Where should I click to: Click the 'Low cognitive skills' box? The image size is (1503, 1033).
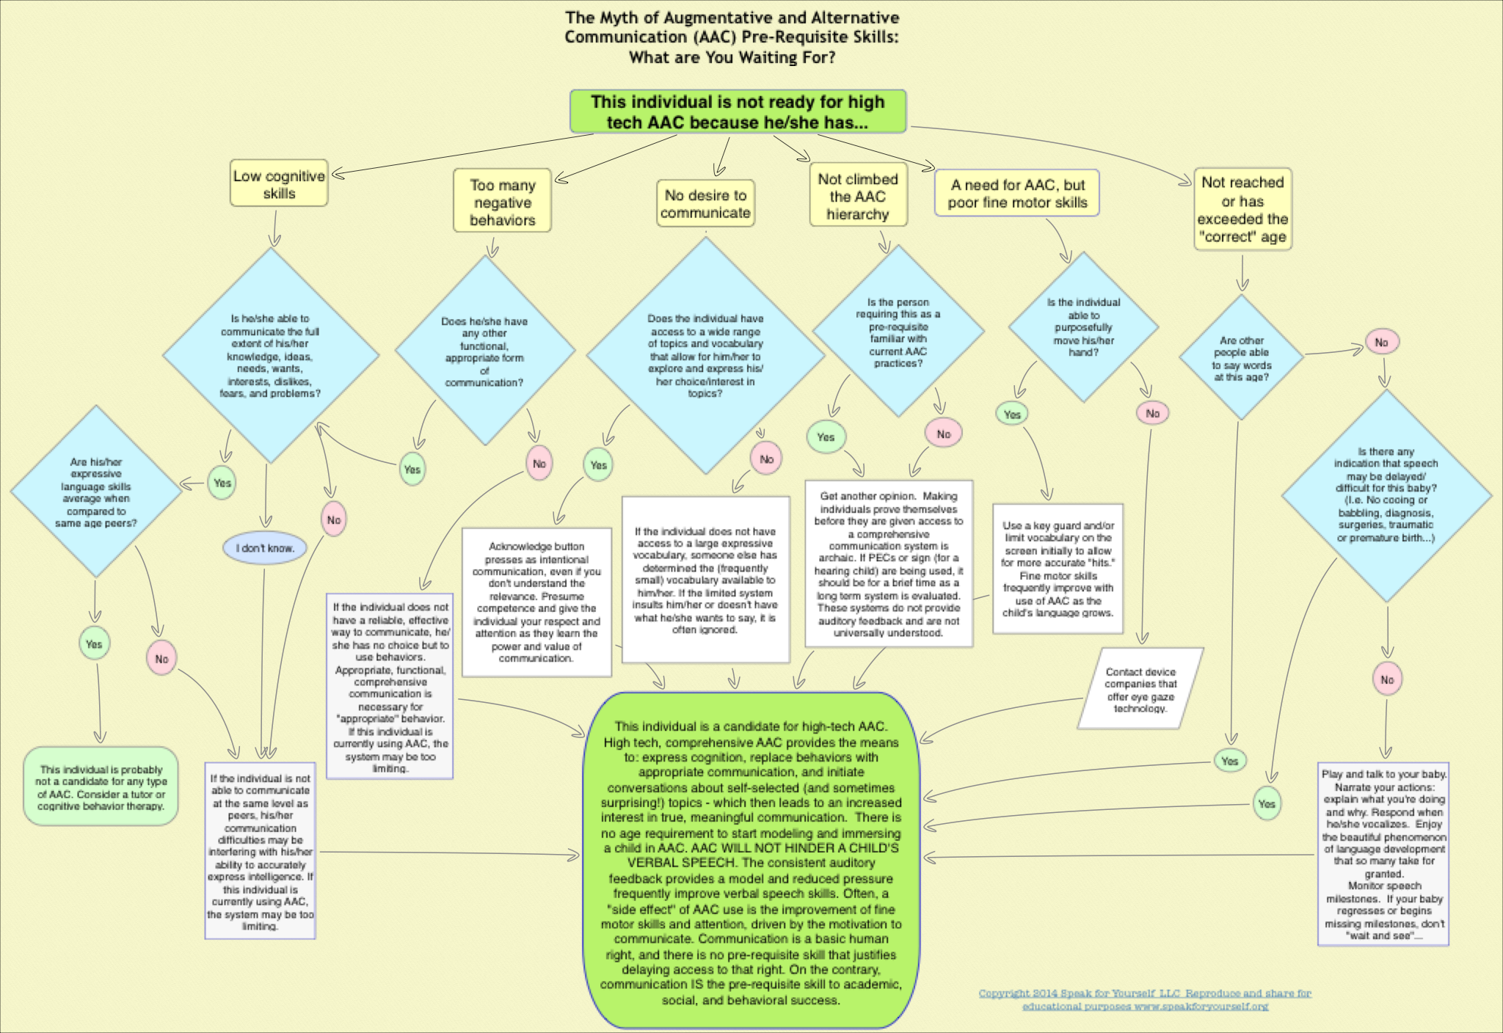point(279,183)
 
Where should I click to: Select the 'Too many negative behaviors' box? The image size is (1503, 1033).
point(502,202)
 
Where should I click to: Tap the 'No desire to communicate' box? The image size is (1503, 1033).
point(705,204)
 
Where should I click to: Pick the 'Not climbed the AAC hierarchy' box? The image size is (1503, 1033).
point(858,196)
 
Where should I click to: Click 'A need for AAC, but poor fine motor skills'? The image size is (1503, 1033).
point(1016,194)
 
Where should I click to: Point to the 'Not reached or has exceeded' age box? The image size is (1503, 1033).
point(1242,209)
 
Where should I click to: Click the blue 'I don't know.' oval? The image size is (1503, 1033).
point(264,548)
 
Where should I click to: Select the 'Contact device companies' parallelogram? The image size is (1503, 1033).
point(1140,689)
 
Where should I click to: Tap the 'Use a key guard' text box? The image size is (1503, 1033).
point(1058,569)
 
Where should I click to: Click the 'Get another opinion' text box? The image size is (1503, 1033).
point(889,563)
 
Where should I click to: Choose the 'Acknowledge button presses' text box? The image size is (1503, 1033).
point(536,602)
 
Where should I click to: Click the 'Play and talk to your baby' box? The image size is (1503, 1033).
point(1383,855)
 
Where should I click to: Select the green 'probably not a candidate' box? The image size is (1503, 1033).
point(101,787)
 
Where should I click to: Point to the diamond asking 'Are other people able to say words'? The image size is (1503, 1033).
point(1241,358)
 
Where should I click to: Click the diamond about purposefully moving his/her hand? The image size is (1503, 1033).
point(1083,327)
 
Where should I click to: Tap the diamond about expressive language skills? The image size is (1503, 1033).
point(96,492)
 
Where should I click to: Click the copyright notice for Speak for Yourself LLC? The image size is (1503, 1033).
point(1145,999)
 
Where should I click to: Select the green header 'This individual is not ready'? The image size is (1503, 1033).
point(738,112)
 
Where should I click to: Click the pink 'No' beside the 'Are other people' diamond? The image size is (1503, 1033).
point(1381,343)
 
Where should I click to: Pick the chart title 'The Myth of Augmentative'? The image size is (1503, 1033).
point(732,37)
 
